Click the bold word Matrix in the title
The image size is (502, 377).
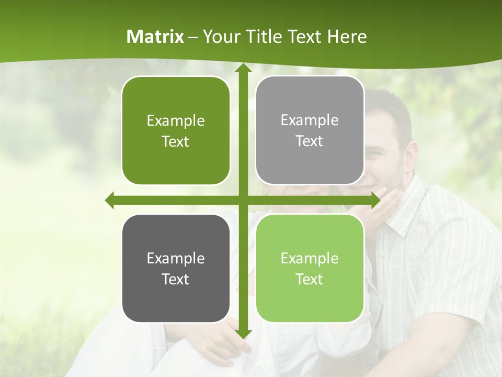click(155, 37)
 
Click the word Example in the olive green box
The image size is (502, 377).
click(176, 121)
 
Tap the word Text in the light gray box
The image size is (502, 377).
click(310, 141)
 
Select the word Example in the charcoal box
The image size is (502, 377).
click(176, 258)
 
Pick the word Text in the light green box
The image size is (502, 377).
click(310, 279)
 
